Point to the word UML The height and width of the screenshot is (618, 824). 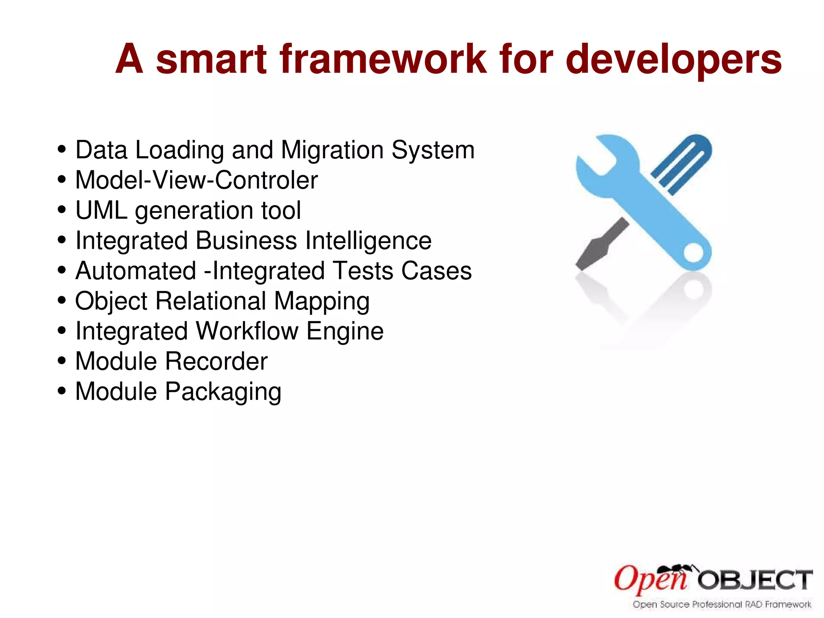pos(101,210)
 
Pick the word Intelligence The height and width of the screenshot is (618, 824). pos(368,241)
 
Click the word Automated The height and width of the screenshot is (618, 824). pos(136,271)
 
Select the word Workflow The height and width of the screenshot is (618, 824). pos(247,331)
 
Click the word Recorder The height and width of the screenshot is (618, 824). pos(216,361)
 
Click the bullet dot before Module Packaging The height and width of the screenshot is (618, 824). pos(62,391)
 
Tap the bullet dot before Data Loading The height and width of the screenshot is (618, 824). pos(62,149)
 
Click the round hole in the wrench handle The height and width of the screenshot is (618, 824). pos(693,253)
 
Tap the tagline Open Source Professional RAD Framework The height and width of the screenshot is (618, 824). pos(722,604)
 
